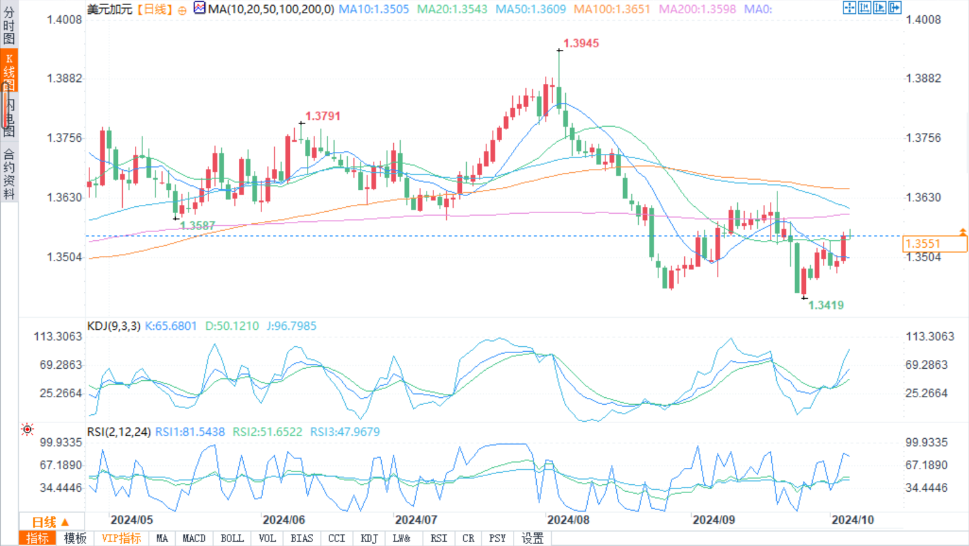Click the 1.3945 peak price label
[x=581, y=44]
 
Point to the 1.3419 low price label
[x=825, y=305]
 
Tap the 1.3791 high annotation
[x=323, y=116]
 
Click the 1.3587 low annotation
[x=197, y=226]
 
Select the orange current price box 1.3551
[x=934, y=244]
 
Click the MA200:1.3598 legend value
[x=697, y=9]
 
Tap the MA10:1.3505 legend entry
[x=374, y=9]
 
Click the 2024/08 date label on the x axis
[x=568, y=520]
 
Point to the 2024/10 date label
[x=852, y=520]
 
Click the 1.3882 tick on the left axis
[x=64, y=79]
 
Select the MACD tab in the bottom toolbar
[x=193, y=538]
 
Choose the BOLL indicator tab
[x=232, y=538]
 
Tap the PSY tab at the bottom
[x=497, y=538]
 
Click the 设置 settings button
[x=532, y=538]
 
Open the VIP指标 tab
[x=121, y=538]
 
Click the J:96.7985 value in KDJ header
[x=291, y=326]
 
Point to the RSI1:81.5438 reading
[x=190, y=432]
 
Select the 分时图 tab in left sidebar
[x=9, y=25]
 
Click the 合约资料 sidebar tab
[x=9, y=174]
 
